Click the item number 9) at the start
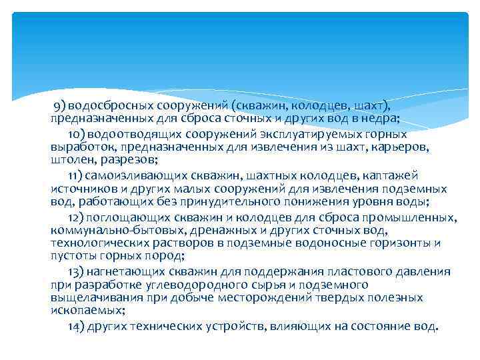[x=60, y=105]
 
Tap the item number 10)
[x=76, y=133]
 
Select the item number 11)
[x=75, y=175]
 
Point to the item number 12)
[x=76, y=217]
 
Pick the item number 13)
[x=77, y=271]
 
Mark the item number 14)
[x=77, y=327]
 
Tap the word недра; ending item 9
[x=380, y=119]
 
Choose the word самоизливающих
[x=129, y=175]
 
